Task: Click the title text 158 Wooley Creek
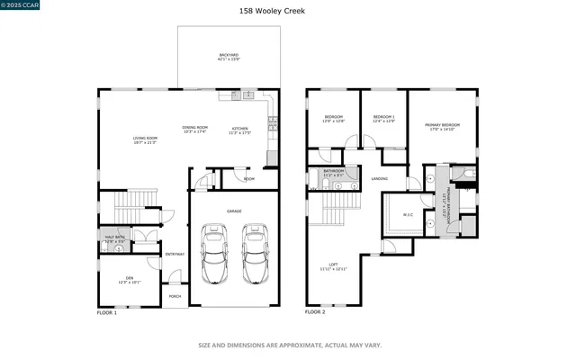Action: [x=288, y=11]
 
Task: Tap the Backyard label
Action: [x=229, y=57]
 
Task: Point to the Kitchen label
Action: [x=240, y=129]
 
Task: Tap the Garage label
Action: [x=234, y=211]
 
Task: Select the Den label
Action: [x=129, y=279]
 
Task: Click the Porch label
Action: [x=175, y=296]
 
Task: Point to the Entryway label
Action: [x=175, y=254]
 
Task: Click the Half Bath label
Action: [x=114, y=238]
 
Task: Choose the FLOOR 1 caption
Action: [x=106, y=312]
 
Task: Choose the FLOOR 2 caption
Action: [x=315, y=312]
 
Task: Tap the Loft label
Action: [x=333, y=265]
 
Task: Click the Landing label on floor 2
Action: [x=379, y=179]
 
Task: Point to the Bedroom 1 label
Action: [x=384, y=118]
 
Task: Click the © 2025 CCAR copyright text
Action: [x=19, y=7]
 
